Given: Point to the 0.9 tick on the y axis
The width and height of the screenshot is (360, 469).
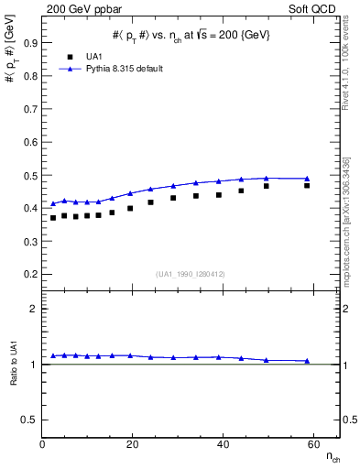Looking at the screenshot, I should click(x=30, y=42).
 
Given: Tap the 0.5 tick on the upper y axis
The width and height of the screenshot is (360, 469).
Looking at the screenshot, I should click(x=30, y=175).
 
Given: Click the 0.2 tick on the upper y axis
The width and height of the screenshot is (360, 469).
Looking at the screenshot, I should click(x=30, y=274).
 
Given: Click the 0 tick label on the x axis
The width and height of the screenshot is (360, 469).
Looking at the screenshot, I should click(x=43, y=444).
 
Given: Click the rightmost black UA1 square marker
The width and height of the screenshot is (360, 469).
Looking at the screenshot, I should click(x=307, y=186).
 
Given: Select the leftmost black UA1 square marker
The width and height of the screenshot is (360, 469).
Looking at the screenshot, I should click(x=53, y=218).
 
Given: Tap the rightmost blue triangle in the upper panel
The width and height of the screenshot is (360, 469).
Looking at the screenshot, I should click(x=307, y=179).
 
